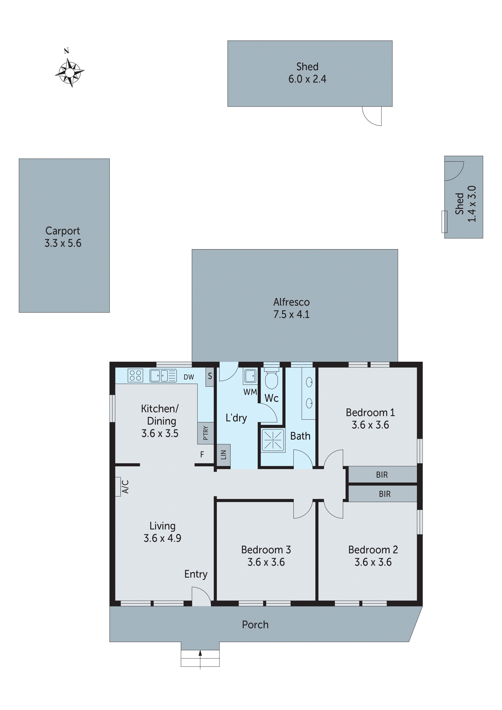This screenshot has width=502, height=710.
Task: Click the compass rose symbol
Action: (x=70, y=73)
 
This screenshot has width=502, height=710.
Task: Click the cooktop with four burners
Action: (x=135, y=375)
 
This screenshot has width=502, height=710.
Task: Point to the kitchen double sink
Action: (x=163, y=376)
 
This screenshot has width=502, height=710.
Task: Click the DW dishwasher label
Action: (x=189, y=377)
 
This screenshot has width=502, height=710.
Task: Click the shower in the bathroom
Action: (x=273, y=440)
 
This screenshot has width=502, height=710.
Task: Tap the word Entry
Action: (x=196, y=574)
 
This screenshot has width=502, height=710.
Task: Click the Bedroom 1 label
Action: (x=370, y=418)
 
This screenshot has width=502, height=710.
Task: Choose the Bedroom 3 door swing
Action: (x=302, y=509)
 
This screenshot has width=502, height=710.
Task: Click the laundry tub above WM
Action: (x=250, y=376)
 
